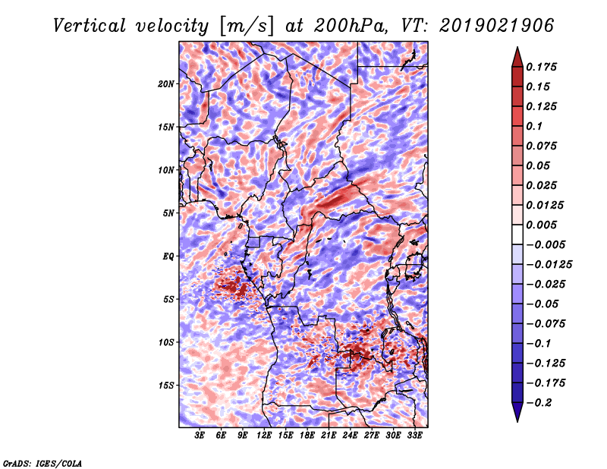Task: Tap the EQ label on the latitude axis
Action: (x=168, y=256)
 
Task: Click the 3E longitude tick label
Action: (x=200, y=436)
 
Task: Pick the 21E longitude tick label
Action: (x=329, y=436)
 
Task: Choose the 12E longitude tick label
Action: (x=264, y=436)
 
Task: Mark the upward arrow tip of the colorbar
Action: (x=517, y=50)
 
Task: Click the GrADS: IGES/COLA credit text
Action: (x=42, y=462)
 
